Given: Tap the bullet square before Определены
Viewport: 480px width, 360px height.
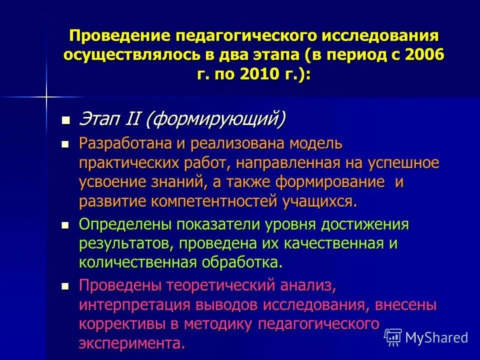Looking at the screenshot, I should pyautogui.click(x=64, y=225).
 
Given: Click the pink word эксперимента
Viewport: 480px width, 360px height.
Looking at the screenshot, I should pyautogui.click(x=131, y=342).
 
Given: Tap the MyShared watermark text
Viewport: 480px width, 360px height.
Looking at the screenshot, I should pyautogui.click(x=436, y=337).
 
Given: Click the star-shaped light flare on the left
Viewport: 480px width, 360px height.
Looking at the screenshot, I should pyautogui.click(x=46, y=96).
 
